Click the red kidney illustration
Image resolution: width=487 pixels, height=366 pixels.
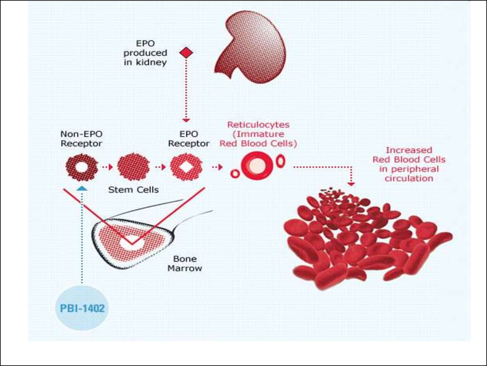[251, 47]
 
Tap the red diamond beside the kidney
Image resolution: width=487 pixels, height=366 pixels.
[186, 52]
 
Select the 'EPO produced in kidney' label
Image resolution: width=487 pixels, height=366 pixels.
[145, 52]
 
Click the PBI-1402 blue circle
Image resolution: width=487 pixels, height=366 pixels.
[82, 308]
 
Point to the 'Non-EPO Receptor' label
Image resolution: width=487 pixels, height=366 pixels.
[81, 139]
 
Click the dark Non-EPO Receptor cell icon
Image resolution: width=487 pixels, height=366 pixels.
[82, 167]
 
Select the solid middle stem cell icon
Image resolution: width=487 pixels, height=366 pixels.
[134, 167]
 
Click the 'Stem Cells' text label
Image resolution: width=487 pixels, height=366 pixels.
[134, 190]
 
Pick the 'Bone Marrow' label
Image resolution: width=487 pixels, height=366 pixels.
[185, 263]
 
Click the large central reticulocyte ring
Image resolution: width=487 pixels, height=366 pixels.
[257, 166]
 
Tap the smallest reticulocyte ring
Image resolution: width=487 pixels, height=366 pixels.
[235, 173]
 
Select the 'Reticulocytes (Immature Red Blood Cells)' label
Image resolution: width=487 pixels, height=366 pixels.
[258, 134]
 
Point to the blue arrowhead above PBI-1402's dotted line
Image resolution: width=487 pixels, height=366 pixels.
[82, 188]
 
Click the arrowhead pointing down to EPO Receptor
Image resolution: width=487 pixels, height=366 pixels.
[186, 120]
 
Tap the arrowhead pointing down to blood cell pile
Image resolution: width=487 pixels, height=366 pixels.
[351, 184]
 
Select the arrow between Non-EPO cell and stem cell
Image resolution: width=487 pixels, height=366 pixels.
[107, 167]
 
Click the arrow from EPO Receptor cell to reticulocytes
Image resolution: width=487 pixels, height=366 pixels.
[217, 167]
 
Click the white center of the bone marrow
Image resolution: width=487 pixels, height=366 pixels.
[132, 243]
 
